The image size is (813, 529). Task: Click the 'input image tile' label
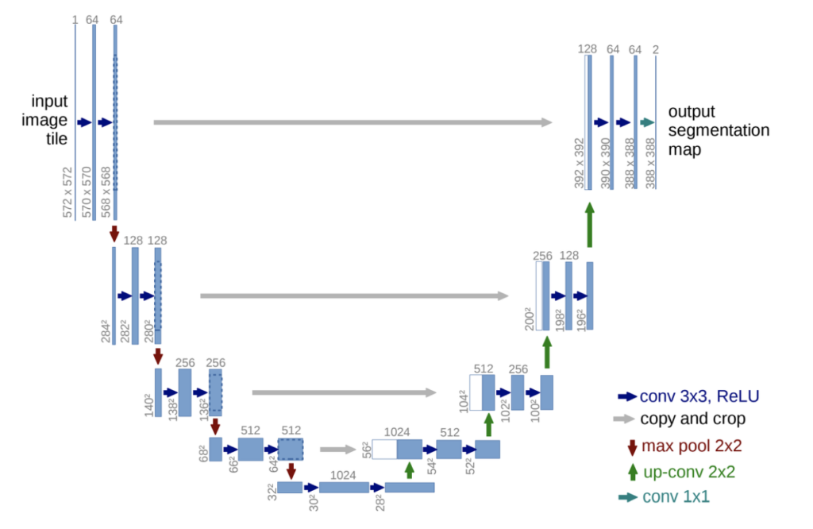[44, 120]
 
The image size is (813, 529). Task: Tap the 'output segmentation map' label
[719, 130]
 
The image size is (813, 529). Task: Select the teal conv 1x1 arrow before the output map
[647, 122]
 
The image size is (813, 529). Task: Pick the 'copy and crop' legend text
[692, 419]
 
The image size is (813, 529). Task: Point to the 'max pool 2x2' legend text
[692, 446]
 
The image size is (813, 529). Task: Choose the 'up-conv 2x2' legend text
[689, 472]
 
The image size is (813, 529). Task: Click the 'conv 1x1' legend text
[676, 496]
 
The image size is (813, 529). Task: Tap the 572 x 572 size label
[67, 192]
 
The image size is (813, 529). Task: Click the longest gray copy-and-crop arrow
[353, 122]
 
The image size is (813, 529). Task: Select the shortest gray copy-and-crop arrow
[338, 449]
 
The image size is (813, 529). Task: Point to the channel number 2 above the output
[655, 49]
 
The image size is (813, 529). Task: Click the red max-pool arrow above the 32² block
[291, 471]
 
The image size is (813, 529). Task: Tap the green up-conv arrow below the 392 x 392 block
[590, 225]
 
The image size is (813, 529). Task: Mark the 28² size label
[380, 502]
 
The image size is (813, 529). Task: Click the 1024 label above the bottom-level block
[343, 475]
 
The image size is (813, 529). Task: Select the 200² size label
[529, 319]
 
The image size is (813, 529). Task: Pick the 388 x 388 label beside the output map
[650, 164]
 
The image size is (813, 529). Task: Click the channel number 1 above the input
[75, 20]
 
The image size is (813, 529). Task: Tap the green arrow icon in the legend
[633, 472]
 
